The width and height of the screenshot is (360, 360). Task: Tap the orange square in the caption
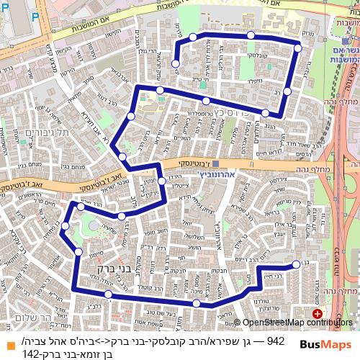9,345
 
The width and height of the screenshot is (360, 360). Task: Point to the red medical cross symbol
318,314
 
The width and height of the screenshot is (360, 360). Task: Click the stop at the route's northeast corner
297,48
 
